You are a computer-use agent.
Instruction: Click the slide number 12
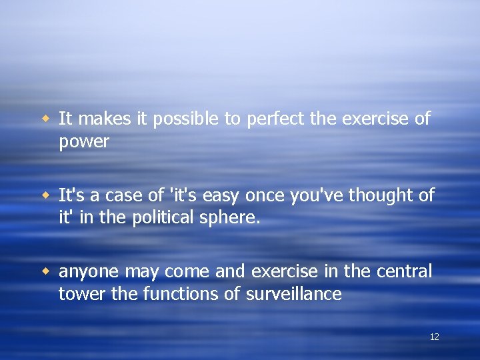pos(434,337)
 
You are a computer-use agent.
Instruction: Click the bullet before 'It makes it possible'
pos(47,119)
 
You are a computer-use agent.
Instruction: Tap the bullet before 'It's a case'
pos(47,195)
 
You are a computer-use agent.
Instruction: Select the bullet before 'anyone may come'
pos(47,271)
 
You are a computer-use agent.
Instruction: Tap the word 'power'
pos(84,142)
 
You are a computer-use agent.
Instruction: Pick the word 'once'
pos(263,195)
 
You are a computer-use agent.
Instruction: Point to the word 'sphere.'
pos(233,218)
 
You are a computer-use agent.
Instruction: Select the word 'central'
pos(405,271)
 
